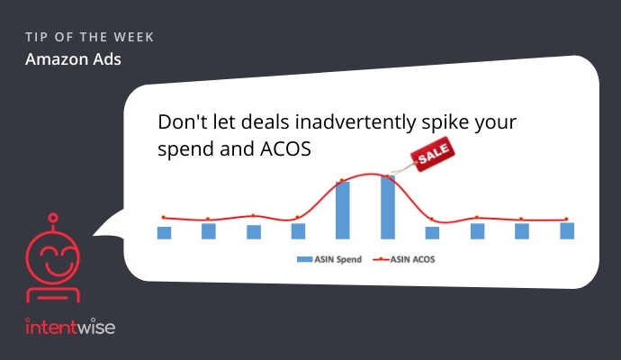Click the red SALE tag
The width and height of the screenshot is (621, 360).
pyautogui.click(x=433, y=154)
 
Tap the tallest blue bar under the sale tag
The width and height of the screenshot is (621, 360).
pyautogui.click(x=388, y=207)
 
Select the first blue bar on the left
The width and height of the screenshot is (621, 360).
pyautogui.click(x=164, y=233)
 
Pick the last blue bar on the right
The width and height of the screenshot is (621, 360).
pyautogui.click(x=567, y=231)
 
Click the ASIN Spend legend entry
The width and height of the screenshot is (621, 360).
pyautogui.click(x=329, y=259)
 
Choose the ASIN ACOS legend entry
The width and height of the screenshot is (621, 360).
pyautogui.click(x=404, y=259)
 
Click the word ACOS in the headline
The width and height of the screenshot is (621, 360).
pyautogui.click(x=285, y=148)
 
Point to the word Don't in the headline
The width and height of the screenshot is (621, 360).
pyautogui.click(x=182, y=122)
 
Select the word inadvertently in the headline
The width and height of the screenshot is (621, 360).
pyautogui.click(x=355, y=122)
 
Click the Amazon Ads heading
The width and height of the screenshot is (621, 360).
pyautogui.click(x=73, y=59)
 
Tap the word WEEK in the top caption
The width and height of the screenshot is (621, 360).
pyautogui.click(x=133, y=37)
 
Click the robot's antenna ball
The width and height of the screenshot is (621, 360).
pyautogui.click(x=53, y=218)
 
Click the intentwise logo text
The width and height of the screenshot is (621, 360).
pyautogui.click(x=70, y=327)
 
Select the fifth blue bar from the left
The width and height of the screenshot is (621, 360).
pyautogui.click(x=343, y=211)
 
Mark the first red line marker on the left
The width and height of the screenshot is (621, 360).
pyautogui.click(x=163, y=217)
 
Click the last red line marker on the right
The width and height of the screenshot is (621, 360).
pyautogui.click(x=566, y=219)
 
